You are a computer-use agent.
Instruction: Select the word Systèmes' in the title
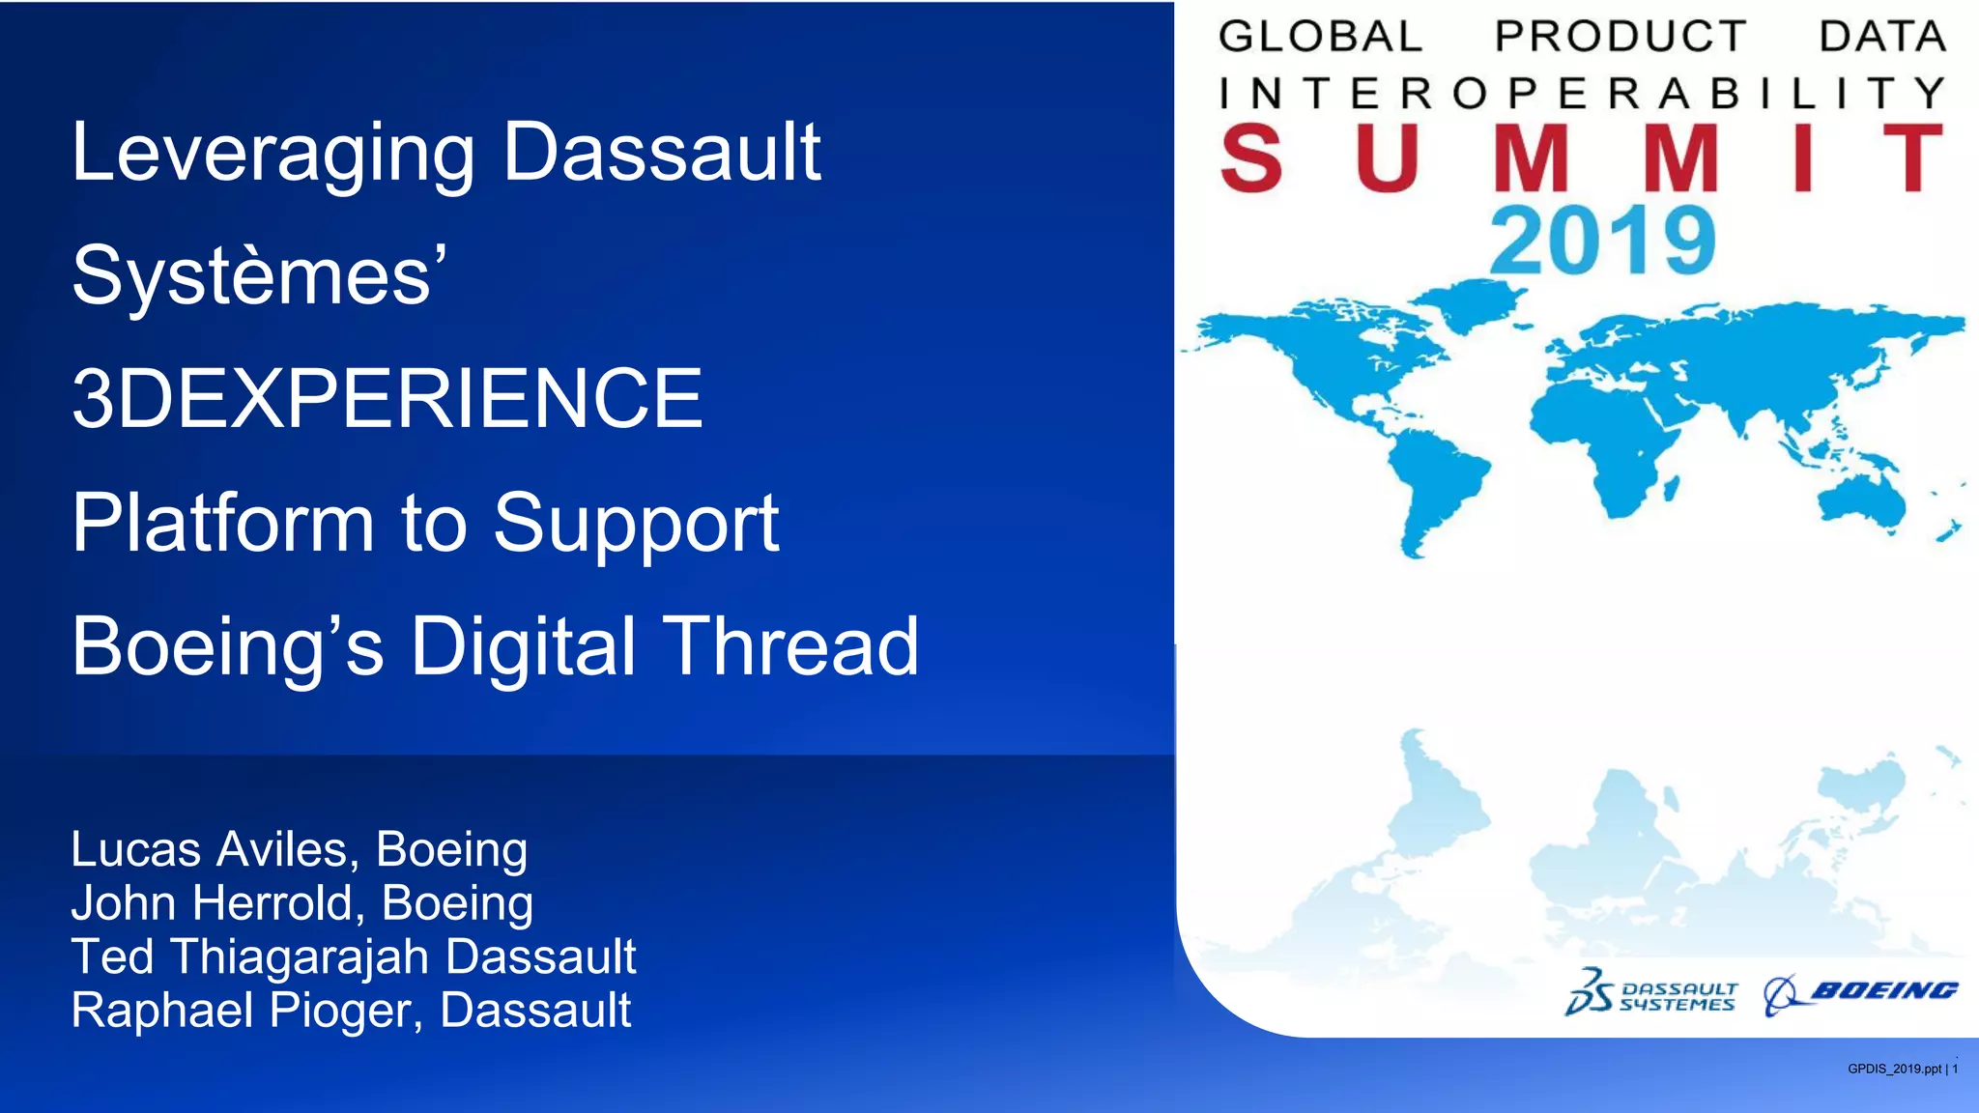(259, 276)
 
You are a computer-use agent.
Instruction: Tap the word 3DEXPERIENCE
(387, 399)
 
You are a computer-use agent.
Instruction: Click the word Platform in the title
(222, 523)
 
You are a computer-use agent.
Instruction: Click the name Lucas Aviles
(209, 850)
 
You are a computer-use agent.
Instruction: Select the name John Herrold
(212, 903)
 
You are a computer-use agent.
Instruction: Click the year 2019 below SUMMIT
(1601, 241)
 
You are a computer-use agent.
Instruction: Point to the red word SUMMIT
(1580, 158)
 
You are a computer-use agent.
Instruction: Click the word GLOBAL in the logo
(1319, 37)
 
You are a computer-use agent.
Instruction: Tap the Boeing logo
(1861, 992)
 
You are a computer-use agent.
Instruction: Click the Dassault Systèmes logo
(1651, 992)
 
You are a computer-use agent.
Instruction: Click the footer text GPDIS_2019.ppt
(1894, 1069)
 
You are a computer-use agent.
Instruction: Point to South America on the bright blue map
(1430, 483)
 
